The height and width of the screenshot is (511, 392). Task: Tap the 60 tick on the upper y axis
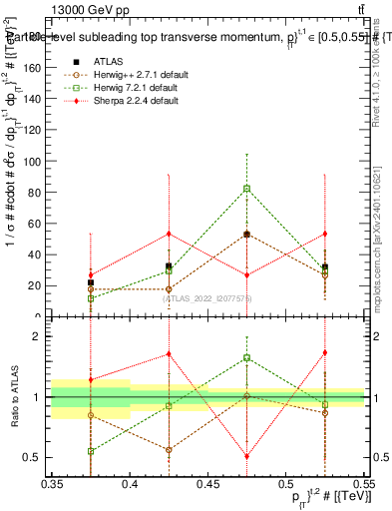click(38, 223)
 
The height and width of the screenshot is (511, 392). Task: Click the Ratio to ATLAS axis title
click(14, 396)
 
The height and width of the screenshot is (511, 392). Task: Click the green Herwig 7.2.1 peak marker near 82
click(246, 189)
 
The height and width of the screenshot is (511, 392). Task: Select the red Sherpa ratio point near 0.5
click(246, 457)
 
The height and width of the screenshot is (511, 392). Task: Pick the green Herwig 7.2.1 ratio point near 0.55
click(91, 451)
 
